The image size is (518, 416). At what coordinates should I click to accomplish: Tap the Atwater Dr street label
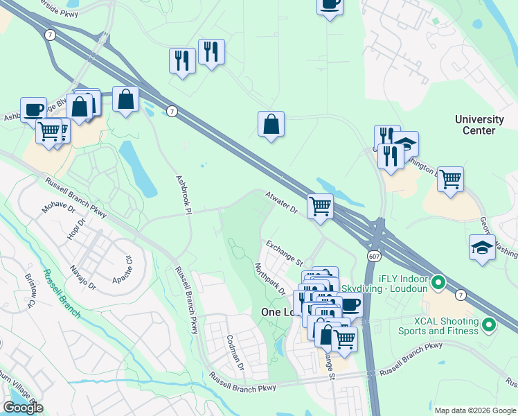coord(281,203)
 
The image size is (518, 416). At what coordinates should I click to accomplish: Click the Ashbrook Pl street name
coord(183,194)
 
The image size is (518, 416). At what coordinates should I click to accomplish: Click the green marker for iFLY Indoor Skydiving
coord(438,282)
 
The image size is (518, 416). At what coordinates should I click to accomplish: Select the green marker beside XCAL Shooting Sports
coord(489,324)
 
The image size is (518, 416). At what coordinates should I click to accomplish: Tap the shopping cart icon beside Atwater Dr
coord(320,206)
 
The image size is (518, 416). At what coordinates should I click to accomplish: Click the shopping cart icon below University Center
coord(450,179)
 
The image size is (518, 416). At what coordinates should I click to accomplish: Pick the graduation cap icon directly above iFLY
coord(482,248)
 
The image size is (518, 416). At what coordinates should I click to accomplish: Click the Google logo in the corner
coord(23,408)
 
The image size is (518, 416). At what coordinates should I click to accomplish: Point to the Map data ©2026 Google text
coord(474,410)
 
